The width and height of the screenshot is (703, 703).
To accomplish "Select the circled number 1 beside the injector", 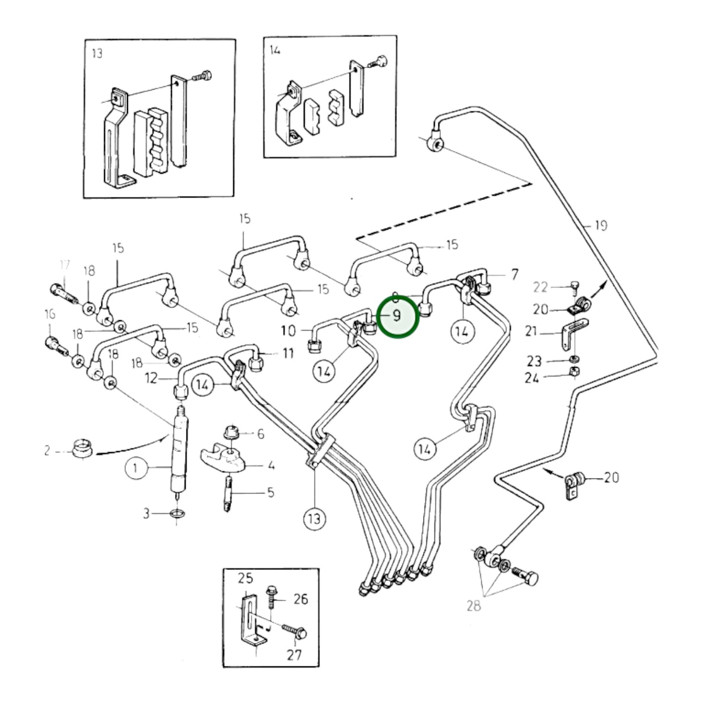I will click(135, 468).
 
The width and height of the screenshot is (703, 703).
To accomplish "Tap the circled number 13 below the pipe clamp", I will click(315, 518).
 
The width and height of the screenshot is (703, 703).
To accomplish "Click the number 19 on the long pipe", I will click(601, 225).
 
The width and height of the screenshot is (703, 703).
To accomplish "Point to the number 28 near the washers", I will click(473, 605).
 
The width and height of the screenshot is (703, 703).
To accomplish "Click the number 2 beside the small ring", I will click(47, 451).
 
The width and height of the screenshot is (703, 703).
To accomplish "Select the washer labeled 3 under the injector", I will click(178, 514).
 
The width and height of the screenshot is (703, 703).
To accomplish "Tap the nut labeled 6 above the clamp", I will click(230, 432).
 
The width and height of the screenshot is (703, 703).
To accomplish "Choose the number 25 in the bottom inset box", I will click(245, 578).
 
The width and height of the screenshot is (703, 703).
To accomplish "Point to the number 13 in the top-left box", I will click(97, 53).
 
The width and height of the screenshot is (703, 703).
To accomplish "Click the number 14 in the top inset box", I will click(275, 50).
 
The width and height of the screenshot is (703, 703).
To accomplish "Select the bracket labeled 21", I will click(572, 333).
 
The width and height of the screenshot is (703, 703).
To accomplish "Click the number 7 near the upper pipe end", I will click(515, 275).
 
